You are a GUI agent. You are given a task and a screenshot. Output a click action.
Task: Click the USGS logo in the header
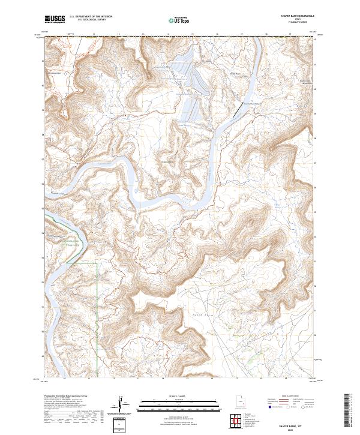(x=55, y=19)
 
